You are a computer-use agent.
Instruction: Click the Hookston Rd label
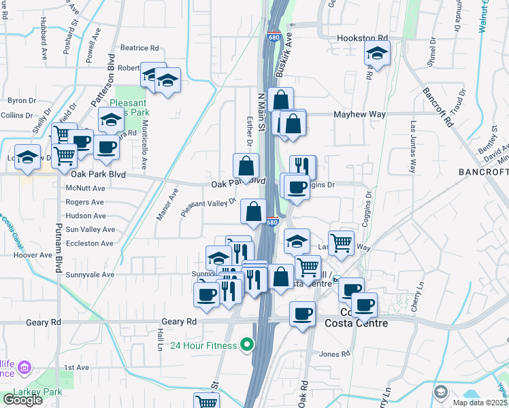[x=363, y=38]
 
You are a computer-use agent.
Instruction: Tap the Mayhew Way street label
[x=359, y=114]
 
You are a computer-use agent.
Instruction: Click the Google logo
[x=22, y=400]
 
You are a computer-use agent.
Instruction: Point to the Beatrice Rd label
[x=139, y=48]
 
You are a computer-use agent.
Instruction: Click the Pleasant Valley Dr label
[x=208, y=207]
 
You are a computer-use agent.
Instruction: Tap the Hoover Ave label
[x=32, y=255]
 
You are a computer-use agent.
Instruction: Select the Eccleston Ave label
[x=89, y=243]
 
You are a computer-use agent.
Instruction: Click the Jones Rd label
[x=334, y=354]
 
